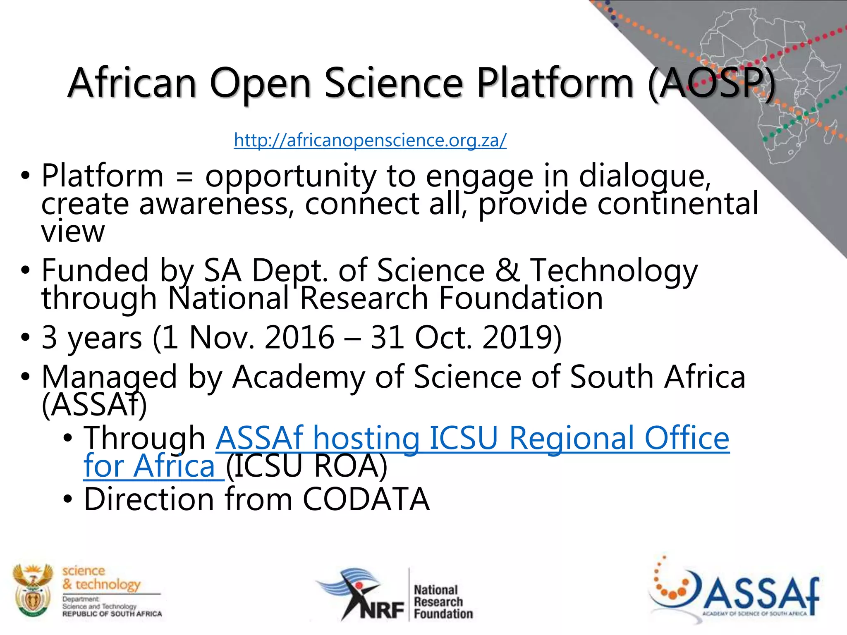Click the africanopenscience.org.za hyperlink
click(x=370, y=141)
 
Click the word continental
click(x=678, y=203)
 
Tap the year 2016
click(x=299, y=337)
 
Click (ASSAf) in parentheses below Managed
click(x=94, y=404)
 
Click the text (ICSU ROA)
click(x=306, y=466)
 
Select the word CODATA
click(x=366, y=499)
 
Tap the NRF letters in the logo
click(x=382, y=610)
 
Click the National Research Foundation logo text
click(x=443, y=602)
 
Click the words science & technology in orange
click(x=101, y=578)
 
